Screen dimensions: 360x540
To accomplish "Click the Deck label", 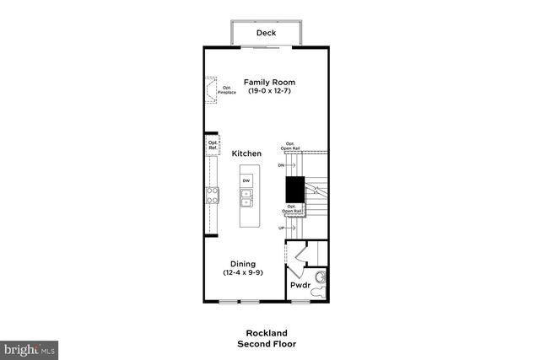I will [x=266, y=34].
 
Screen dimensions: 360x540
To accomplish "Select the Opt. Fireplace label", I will [x=227, y=89].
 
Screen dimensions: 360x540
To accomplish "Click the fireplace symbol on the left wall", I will [x=208, y=87].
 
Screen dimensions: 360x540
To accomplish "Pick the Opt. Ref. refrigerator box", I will [x=213, y=146].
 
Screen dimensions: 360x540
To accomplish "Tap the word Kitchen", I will [x=246, y=153].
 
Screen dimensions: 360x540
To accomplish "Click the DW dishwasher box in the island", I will [x=246, y=181].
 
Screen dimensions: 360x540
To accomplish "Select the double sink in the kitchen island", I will [x=246, y=198].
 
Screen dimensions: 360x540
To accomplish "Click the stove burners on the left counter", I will [x=212, y=196].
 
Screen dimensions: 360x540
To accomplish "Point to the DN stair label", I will [x=281, y=165].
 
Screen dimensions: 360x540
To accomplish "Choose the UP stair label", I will [x=282, y=228].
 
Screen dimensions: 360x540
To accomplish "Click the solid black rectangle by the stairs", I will [x=294, y=190].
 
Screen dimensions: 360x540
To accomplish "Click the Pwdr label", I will [x=300, y=286].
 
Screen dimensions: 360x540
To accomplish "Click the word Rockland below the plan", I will [x=266, y=333].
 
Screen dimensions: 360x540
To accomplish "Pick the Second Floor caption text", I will [x=266, y=343].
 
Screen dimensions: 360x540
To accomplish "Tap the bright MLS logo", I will [x=30, y=347].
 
